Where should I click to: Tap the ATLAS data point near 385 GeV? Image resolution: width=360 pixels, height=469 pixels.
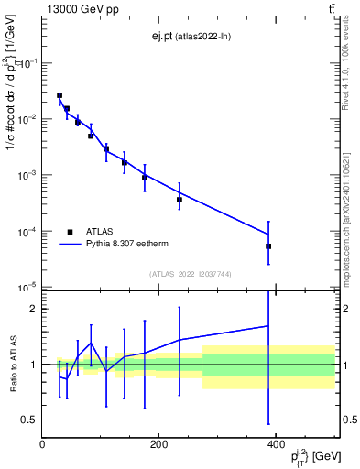click(x=268, y=246)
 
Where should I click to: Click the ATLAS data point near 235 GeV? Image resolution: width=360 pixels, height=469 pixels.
click(x=180, y=200)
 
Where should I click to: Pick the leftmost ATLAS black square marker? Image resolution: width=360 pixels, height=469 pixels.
click(x=60, y=95)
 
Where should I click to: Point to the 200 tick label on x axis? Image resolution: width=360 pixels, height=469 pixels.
click(x=158, y=445)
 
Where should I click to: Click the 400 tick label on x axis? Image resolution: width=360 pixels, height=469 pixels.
click(x=274, y=445)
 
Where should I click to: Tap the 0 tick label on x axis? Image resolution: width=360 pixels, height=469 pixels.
click(x=43, y=445)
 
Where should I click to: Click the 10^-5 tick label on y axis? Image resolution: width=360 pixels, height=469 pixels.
click(x=26, y=288)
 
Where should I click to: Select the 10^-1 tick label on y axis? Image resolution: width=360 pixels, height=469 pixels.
click(x=26, y=62)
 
